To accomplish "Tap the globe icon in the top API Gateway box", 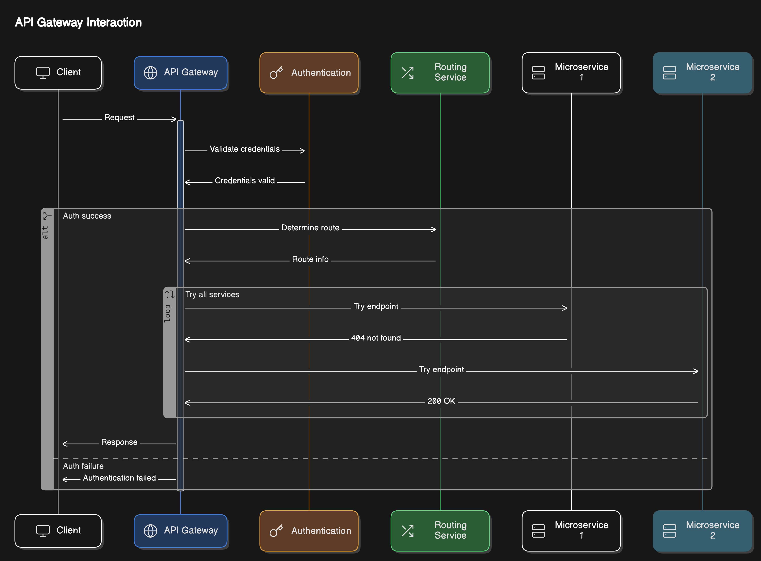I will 150,73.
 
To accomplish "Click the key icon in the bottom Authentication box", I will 276,530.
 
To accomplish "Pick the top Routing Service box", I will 440,73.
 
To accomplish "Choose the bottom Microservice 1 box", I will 571,530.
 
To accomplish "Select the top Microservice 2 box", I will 702,73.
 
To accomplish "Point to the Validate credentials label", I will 245,149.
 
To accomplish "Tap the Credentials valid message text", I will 245,181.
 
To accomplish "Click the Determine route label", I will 310,228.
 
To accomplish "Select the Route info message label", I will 310,259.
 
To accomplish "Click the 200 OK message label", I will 441,401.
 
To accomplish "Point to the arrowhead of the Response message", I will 64,444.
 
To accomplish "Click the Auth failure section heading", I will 83,466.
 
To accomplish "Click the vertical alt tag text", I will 45,233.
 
